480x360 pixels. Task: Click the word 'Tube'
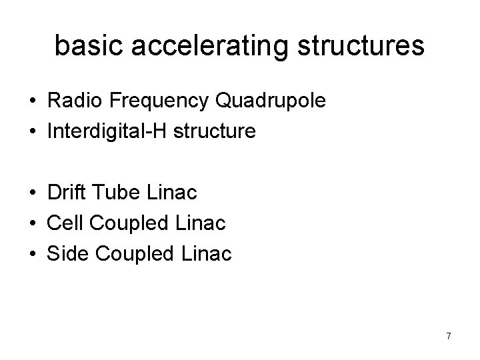113,193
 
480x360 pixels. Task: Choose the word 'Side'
66,254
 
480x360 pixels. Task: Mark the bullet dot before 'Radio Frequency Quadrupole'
32,101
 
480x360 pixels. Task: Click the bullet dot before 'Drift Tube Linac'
32,193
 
